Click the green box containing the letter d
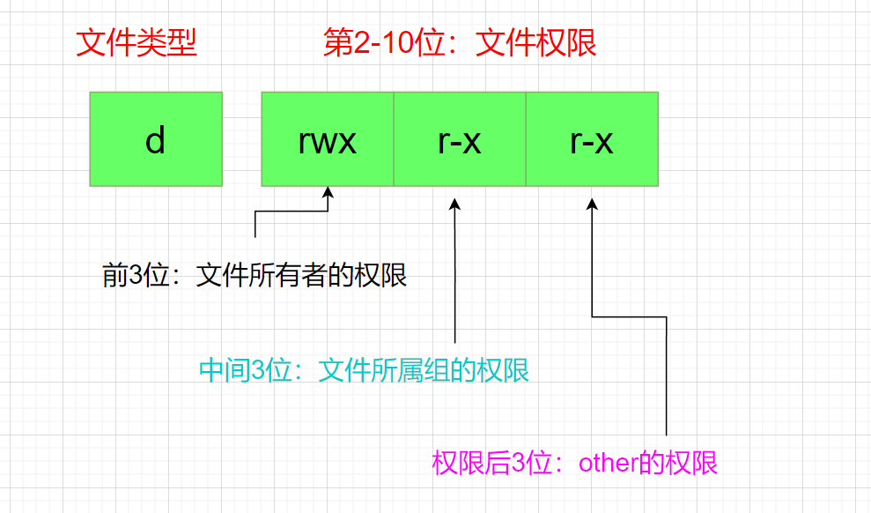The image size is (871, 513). pyautogui.click(x=156, y=139)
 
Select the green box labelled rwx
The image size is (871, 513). pyautogui.click(x=328, y=139)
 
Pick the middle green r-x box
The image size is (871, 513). pyautogui.click(x=460, y=139)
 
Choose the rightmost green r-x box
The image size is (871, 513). pyautogui.click(x=592, y=139)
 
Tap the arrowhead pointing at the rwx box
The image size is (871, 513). pyautogui.click(x=328, y=193)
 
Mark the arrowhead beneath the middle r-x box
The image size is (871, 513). pyautogui.click(x=454, y=204)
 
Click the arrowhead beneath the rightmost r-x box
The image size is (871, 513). pyautogui.click(x=593, y=204)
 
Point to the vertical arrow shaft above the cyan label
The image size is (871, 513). pyautogui.click(x=454, y=282)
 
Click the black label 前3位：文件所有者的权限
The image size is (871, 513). pyautogui.click(x=255, y=276)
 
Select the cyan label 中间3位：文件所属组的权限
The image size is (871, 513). pyautogui.click(x=364, y=370)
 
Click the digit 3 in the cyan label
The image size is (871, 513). pyautogui.click(x=259, y=371)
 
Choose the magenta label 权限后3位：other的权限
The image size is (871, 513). pyautogui.click(x=575, y=463)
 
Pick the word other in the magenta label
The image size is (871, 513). pyautogui.click(x=609, y=464)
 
